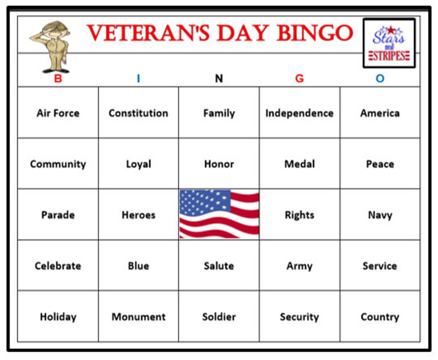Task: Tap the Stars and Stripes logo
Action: tap(389, 43)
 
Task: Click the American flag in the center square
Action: tap(219, 214)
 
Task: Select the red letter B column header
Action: tap(58, 79)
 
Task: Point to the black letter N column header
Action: tap(219, 79)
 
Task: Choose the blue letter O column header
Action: tap(380, 79)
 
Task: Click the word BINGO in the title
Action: tap(315, 33)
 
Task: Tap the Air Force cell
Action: tap(58, 113)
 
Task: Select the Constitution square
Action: tap(138, 113)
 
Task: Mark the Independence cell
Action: tap(299, 113)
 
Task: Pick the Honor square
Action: tap(219, 164)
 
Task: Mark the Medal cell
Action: tap(299, 164)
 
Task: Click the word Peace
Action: tap(380, 164)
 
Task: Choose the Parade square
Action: tap(58, 215)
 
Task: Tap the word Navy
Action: tap(380, 215)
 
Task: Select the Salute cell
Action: tap(219, 266)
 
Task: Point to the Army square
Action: tap(299, 266)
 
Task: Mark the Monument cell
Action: tap(138, 317)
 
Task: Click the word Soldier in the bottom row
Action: tap(219, 317)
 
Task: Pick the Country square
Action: tap(380, 317)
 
